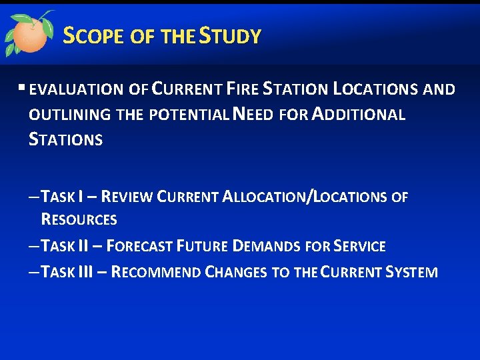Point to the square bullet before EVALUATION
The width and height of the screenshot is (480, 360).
23,88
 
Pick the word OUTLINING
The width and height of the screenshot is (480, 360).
70,115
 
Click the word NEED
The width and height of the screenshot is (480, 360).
252,115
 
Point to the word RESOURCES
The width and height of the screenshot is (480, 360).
79,219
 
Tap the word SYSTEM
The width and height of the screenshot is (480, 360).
411,272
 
